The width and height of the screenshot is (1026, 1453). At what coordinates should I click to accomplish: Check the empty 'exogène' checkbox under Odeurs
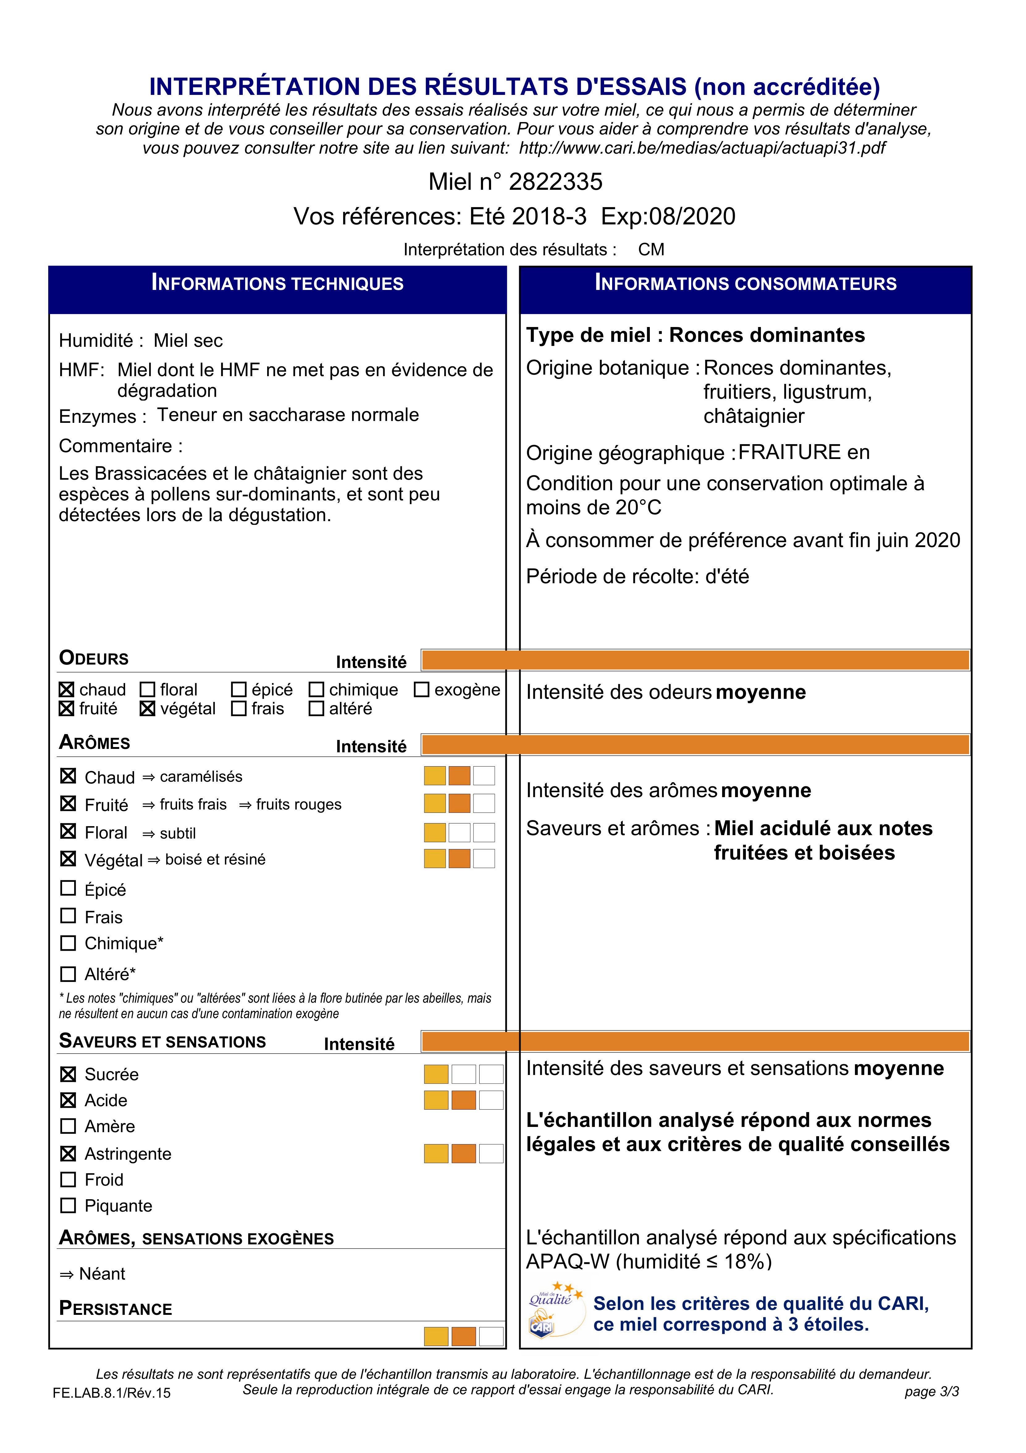point(421,689)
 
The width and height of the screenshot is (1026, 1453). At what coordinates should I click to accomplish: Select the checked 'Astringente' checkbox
point(68,1154)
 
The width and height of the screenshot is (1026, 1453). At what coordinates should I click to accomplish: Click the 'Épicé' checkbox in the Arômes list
point(68,889)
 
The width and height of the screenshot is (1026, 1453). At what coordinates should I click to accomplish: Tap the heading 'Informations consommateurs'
point(745,283)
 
